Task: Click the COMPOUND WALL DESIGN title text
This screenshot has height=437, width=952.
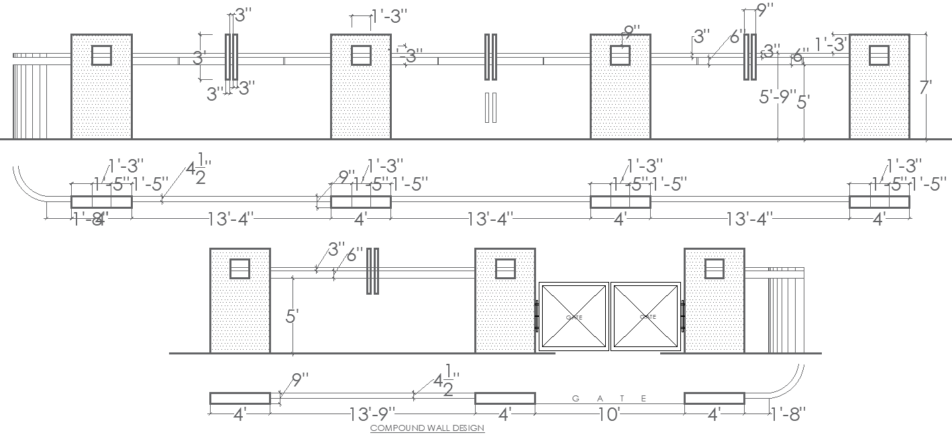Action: [x=427, y=428]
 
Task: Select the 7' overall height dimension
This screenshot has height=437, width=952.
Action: [x=926, y=87]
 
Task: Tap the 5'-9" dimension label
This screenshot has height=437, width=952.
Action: [x=778, y=97]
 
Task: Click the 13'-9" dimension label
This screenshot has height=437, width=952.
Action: [x=372, y=414]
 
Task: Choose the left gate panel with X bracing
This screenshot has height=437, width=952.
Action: [x=574, y=317]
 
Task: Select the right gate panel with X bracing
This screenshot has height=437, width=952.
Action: [x=646, y=317]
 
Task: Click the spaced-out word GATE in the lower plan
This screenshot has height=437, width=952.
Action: [x=609, y=399]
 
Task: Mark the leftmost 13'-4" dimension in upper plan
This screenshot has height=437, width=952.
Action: [x=230, y=219]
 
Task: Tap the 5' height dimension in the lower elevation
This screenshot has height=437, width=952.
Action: [x=292, y=316]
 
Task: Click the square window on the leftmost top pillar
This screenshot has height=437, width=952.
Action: [x=101, y=55]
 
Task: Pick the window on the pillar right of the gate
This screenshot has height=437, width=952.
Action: [x=714, y=269]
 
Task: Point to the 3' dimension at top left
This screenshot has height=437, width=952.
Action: [x=199, y=58]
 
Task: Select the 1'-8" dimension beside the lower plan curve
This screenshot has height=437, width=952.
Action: [x=787, y=414]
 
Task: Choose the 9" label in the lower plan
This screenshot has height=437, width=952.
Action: [x=299, y=381]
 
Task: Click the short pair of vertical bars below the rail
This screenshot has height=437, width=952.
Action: [x=490, y=107]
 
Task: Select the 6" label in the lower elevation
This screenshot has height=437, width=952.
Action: [x=354, y=254]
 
